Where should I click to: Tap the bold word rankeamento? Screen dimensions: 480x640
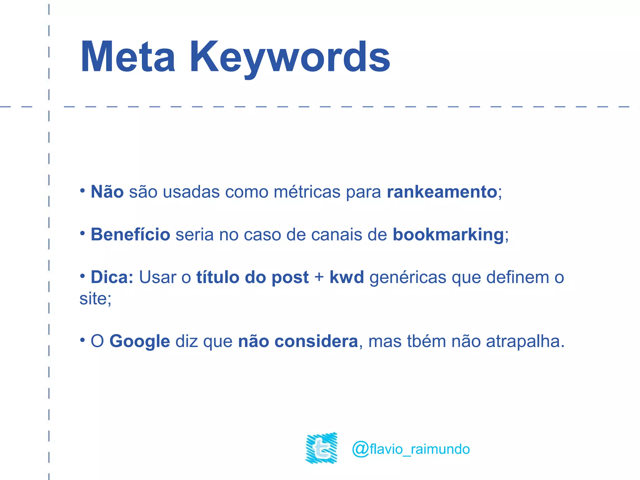click(x=442, y=192)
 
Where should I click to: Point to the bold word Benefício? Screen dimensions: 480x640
click(x=130, y=234)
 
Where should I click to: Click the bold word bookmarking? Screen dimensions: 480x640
click(x=448, y=235)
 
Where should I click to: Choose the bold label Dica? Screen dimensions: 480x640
click(x=112, y=277)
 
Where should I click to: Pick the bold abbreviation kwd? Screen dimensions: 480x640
click(x=347, y=277)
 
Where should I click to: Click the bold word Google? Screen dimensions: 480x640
click(x=139, y=341)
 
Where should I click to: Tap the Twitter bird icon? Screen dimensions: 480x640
click(x=322, y=448)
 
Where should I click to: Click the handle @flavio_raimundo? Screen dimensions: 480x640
click(x=411, y=449)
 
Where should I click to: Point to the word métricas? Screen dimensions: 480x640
click(x=307, y=192)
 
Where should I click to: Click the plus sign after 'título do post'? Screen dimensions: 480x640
click(x=319, y=277)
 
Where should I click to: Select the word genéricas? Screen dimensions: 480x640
click(x=408, y=277)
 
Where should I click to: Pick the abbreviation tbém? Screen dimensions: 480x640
click(x=427, y=341)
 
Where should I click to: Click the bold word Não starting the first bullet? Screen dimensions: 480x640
click(x=107, y=192)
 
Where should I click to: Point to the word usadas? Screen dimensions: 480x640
click(x=191, y=192)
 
